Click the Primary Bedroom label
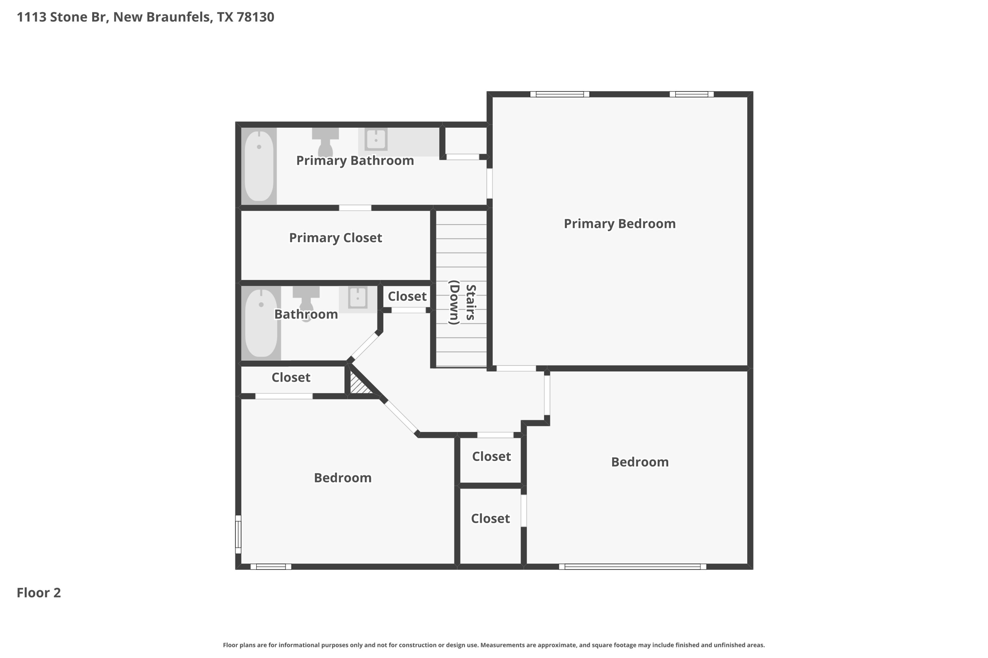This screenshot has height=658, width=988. tap(619, 224)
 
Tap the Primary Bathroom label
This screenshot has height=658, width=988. tap(355, 161)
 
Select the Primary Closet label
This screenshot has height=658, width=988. tap(335, 238)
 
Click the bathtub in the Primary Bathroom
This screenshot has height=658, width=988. tap(259, 166)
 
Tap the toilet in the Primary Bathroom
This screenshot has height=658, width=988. tap(326, 141)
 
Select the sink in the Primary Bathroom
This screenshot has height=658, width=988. tap(376, 140)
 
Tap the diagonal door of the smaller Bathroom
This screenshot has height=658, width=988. tap(365, 346)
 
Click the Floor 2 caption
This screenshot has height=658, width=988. tap(39, 593)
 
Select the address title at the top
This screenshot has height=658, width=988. tap(145, 17)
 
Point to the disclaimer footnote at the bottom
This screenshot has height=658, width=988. tap(494, 645)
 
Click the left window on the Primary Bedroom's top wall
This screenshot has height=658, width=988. tap(560, 94)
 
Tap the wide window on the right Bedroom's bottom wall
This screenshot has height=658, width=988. tap(632, 566)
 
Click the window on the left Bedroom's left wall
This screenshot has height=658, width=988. tap(238, 534)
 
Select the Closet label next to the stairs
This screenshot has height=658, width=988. tap(407, 296)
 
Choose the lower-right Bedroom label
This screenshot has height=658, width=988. tap(640, 462)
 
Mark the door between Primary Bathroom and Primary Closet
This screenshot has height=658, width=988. tap(355, 208)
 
